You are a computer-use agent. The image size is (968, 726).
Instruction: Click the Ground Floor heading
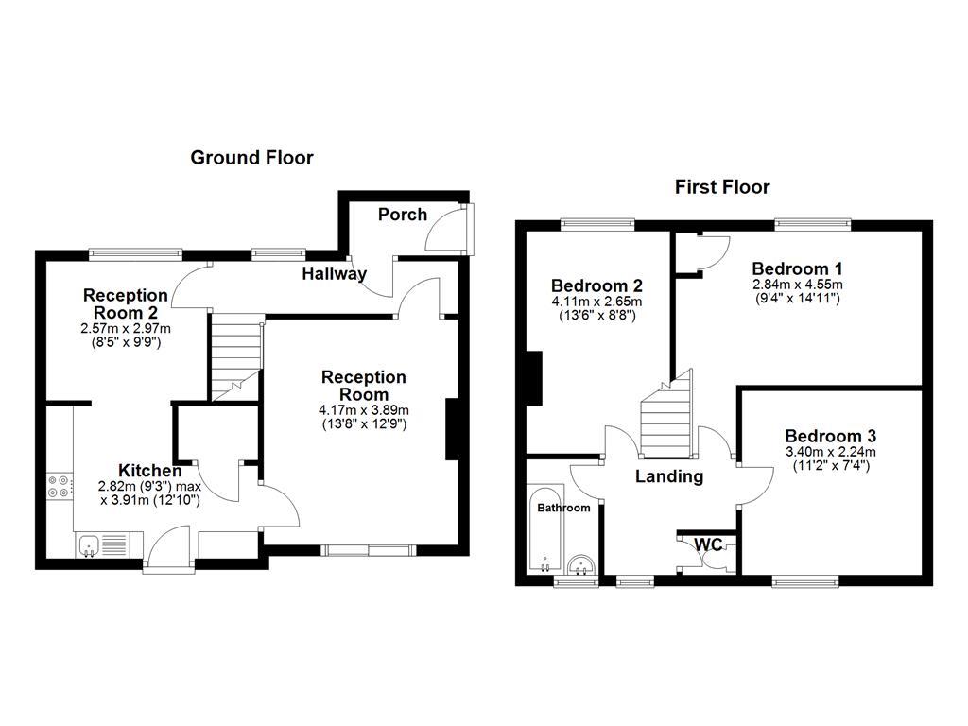[251, 158]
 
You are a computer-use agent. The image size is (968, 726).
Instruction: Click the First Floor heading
[722, 187]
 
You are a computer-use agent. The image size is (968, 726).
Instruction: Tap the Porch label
[403, 215]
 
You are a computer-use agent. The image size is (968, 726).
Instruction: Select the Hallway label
[334, 274]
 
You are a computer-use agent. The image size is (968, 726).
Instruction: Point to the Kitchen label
[150, 470]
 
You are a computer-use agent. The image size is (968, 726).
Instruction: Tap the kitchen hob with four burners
[59, 485]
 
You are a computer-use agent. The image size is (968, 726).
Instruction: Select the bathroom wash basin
[582, 565]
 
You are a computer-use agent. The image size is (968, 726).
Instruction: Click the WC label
[709, 544]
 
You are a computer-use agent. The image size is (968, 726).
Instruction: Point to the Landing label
[668, 476]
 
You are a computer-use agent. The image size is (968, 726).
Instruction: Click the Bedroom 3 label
[830, 436]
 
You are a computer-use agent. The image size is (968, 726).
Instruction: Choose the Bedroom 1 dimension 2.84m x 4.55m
[798, 285]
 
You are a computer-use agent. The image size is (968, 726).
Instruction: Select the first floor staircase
[667, 412]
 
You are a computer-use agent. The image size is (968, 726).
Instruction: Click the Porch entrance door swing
[441, 230]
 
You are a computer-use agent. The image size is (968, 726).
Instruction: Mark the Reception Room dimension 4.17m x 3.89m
[364, 410]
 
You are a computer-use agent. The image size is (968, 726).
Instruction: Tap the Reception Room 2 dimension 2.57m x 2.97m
[126, 328]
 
